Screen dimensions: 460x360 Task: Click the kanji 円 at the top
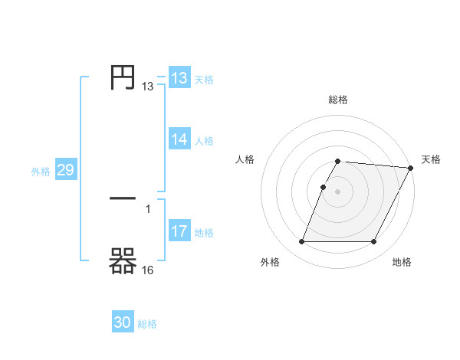(x=123, y=77)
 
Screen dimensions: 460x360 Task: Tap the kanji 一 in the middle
(x=123, y=198)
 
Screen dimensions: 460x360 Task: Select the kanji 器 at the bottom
(x=123, y=262)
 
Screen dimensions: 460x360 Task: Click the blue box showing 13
(x=179, y=78)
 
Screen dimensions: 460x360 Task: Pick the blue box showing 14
(x=179, y=139)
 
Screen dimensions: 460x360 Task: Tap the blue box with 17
(x=179, y=231)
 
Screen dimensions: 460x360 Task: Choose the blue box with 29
(x=65, y=170)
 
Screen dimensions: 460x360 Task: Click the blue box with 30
(x=123, y=323)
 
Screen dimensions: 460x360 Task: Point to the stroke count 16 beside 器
(x=148, y=270)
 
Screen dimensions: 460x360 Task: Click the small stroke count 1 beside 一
(x=148, y=208)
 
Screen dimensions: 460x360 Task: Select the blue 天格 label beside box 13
(x=204, y=80)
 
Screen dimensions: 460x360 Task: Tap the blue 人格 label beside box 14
(x=204, y=141)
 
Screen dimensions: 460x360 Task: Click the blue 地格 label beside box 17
(x=204, y=233)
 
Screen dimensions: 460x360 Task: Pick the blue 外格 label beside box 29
(x=41, y=172)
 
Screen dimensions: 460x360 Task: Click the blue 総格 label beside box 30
(x=147, y=325)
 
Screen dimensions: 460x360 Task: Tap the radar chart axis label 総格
(x=338, y=100)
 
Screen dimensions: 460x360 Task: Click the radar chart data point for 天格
(x=411, y=168)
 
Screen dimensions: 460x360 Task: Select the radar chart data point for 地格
(x=374, y=242)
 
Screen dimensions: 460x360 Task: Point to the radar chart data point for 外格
(x=301, y=242)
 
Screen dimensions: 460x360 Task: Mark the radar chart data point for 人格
(x=323, y=187)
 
